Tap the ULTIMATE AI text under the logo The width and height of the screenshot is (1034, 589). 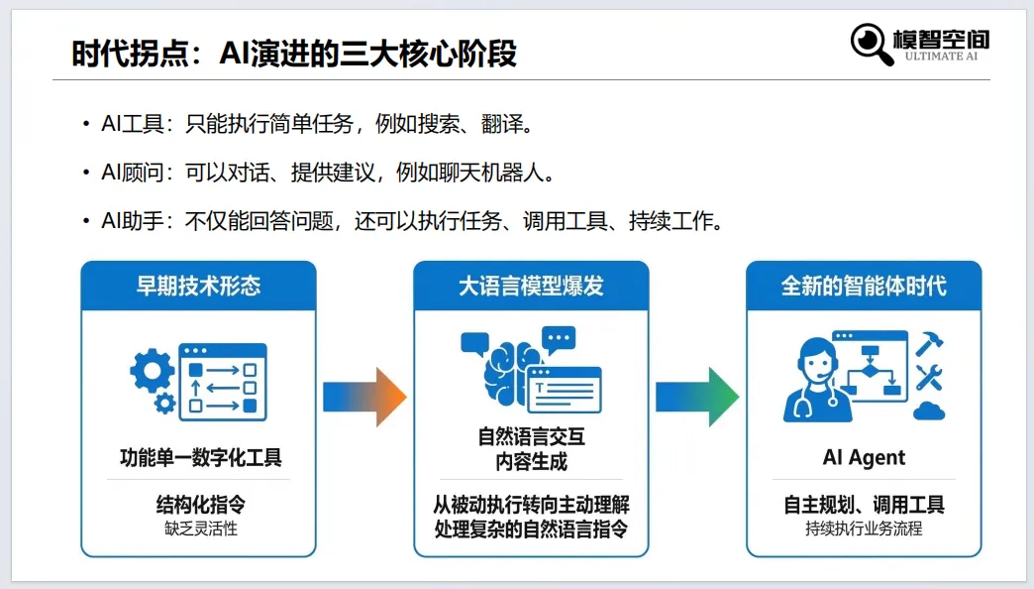pyautogui.click(x=941, y=57)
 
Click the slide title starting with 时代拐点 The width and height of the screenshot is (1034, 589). pyautogui.click(x=294, y=53)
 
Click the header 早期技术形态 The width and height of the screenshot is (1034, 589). pyautogui.click(x=198, y=287)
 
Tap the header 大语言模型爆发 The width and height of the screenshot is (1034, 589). pyautogui.click(x=531, y=287)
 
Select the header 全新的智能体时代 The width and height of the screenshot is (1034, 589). pyautogui.click(x=864, y=287)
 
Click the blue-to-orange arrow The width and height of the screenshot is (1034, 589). pyautogui.click(x=364, y=397)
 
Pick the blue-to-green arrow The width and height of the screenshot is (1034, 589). pyautogui.click(x=697, y=397)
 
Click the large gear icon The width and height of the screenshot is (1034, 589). pyautogui.click(x=152, y=371)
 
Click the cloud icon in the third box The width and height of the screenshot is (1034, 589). pyautogui.click(x=929, y=410)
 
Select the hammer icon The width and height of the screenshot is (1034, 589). pyautogui.click(x=929, y=343)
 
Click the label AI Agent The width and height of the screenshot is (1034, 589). pyautogui.click(x=864, y=458)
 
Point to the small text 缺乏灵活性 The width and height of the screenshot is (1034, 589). pyautogui.click(x=198, y=529)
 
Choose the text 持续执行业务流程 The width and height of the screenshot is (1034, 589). pyautogui.click(x=864, y=529)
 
